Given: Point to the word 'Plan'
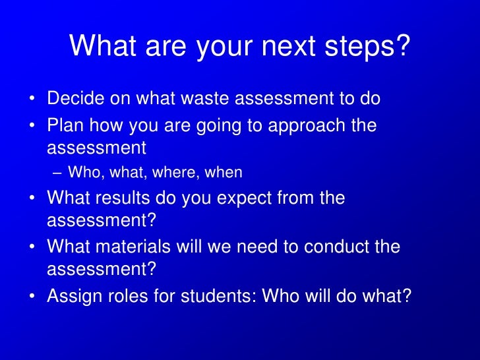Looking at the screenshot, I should click(x=65, y=125).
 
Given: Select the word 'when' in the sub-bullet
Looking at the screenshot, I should click(x=224, y=173).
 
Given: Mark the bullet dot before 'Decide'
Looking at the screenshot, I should click(x=32, y=100).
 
